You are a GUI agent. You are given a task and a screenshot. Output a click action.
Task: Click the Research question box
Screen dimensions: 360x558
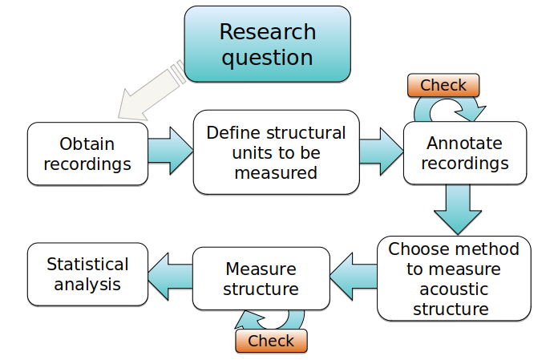267,44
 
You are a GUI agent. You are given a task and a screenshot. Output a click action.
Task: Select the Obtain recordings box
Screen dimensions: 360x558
87,154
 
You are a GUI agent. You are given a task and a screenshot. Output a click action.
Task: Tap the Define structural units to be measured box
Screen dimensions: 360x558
276,152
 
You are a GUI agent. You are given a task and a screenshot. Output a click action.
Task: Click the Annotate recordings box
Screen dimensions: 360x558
464,153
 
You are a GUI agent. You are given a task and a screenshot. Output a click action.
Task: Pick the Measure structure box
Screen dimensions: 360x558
261,278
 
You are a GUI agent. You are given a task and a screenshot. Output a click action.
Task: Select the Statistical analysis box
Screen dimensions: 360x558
87,273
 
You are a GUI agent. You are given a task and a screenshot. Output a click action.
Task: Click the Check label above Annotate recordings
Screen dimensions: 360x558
443,84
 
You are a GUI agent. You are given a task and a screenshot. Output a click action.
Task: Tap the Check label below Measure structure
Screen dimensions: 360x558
270,341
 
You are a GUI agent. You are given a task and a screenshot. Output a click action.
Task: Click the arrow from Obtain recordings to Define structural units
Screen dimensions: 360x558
170,149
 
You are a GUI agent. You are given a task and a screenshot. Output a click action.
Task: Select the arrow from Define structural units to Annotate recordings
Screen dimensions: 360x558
381,149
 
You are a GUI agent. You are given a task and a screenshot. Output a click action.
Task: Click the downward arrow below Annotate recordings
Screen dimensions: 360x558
458,210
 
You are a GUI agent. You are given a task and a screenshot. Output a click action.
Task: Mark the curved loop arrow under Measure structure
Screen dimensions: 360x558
273,320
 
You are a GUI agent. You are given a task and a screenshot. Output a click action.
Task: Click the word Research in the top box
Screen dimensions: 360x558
267,32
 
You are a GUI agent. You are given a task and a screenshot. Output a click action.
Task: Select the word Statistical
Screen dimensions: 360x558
87,264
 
